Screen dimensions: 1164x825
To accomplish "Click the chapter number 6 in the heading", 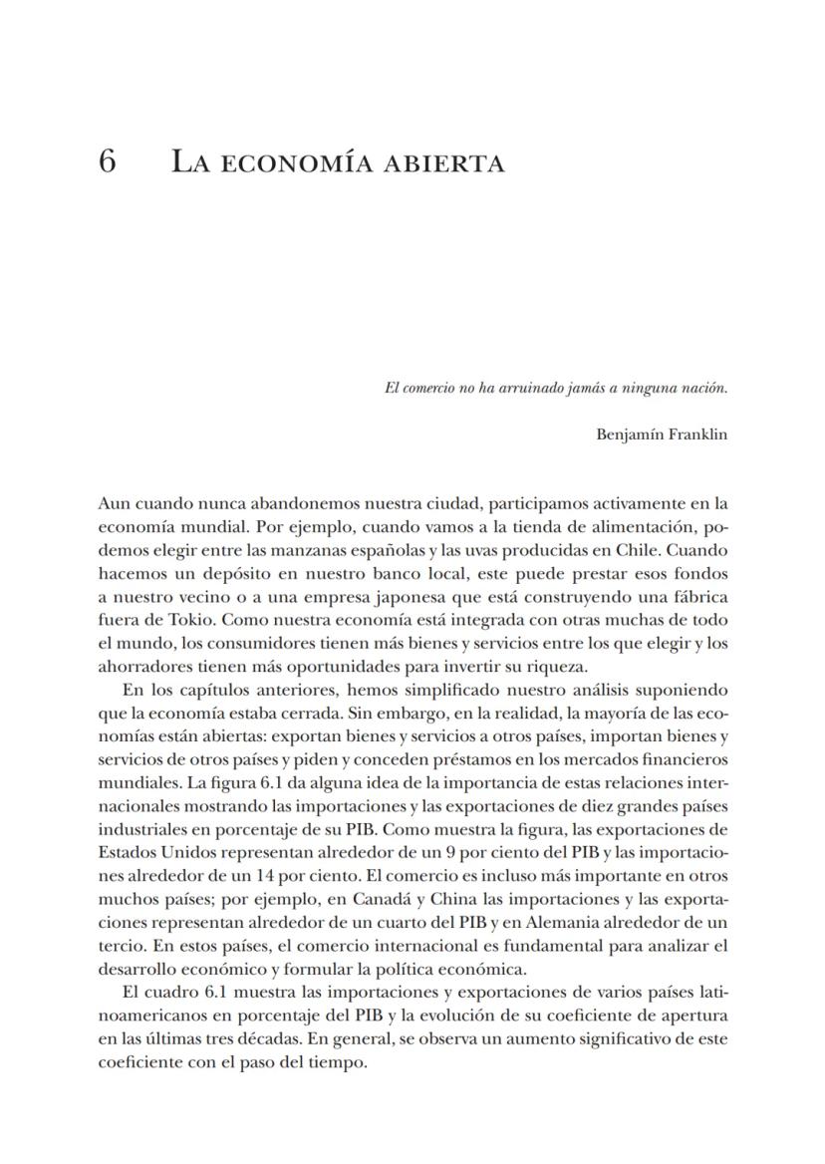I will coord(107,161).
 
